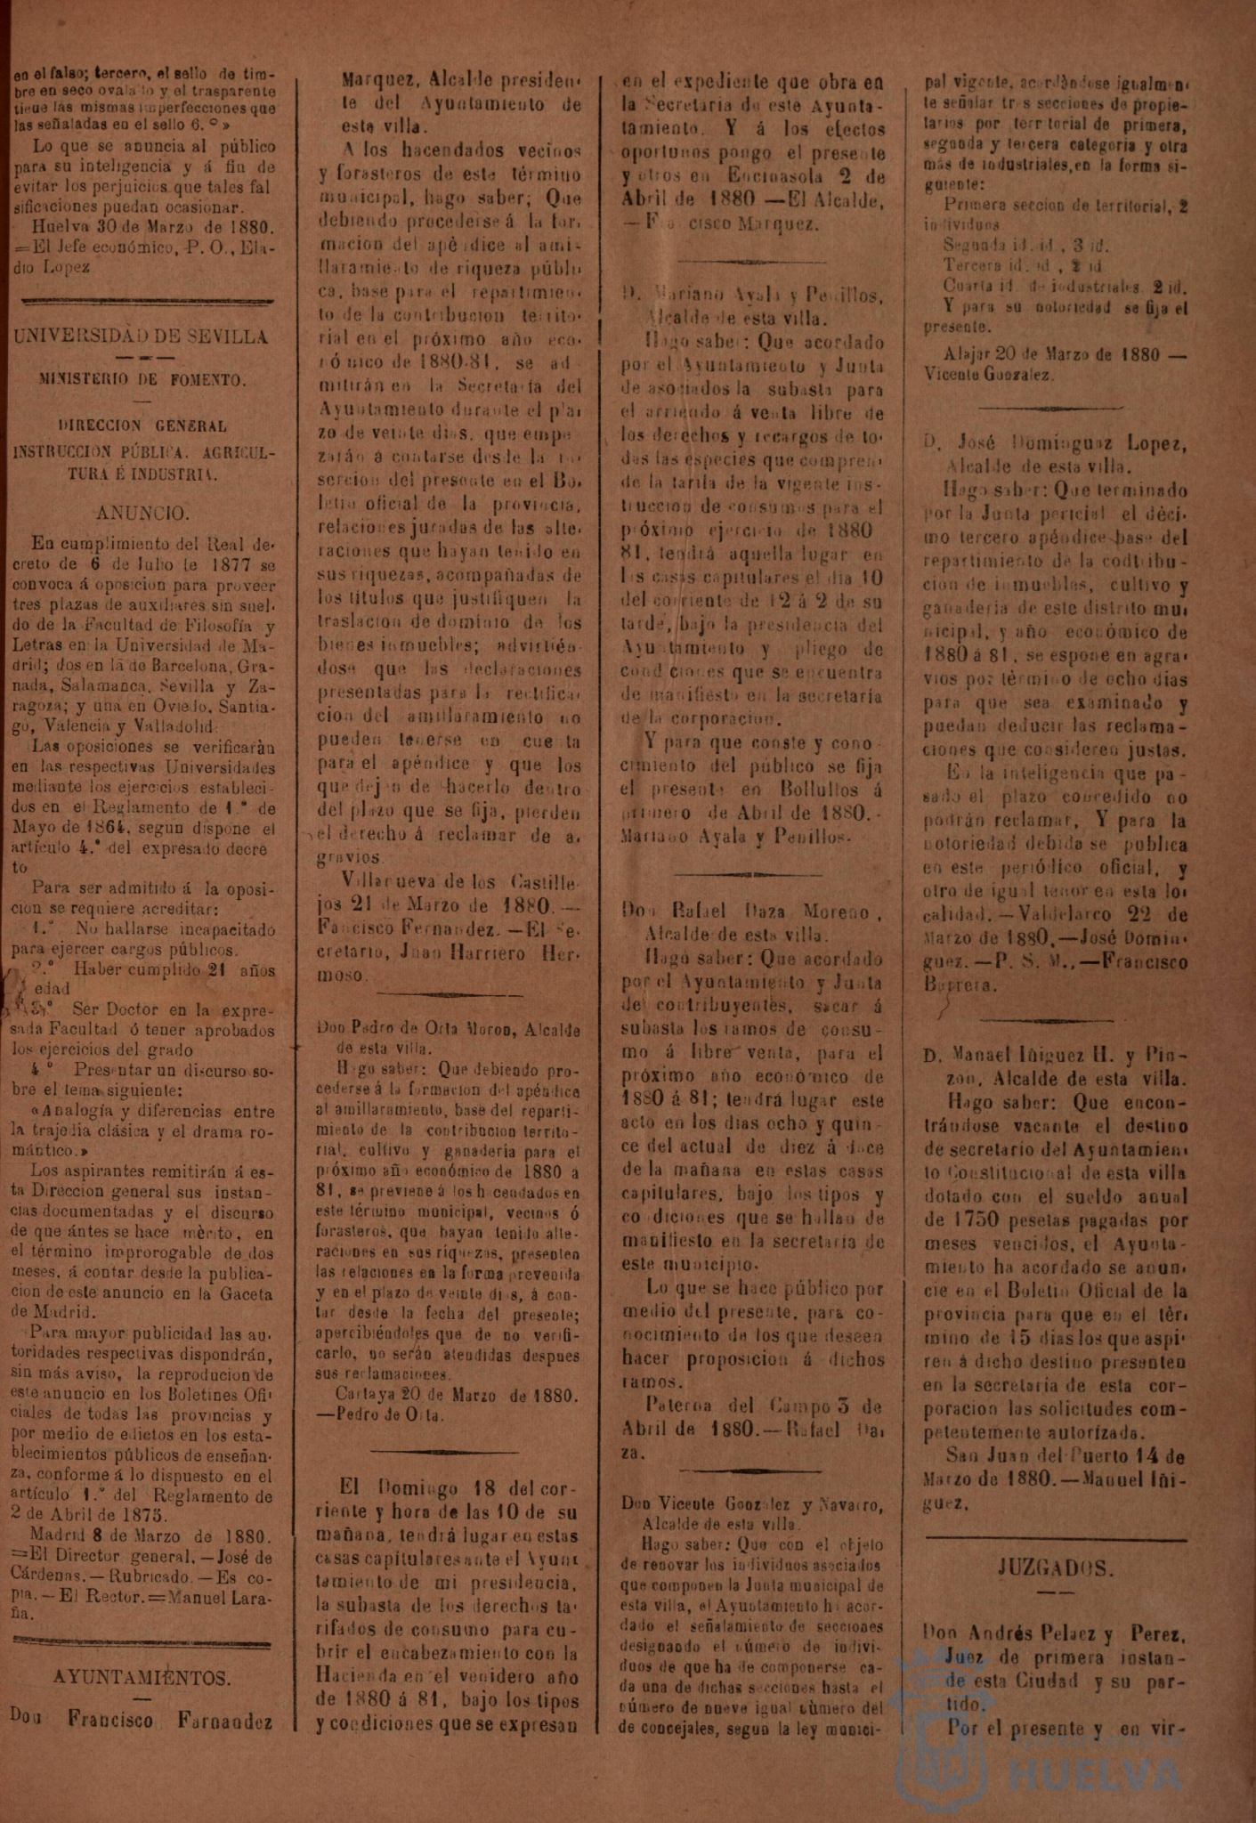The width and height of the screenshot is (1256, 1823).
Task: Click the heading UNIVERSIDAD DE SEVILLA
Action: point(142,336)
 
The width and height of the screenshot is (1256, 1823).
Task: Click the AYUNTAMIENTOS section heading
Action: point(142,1677)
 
